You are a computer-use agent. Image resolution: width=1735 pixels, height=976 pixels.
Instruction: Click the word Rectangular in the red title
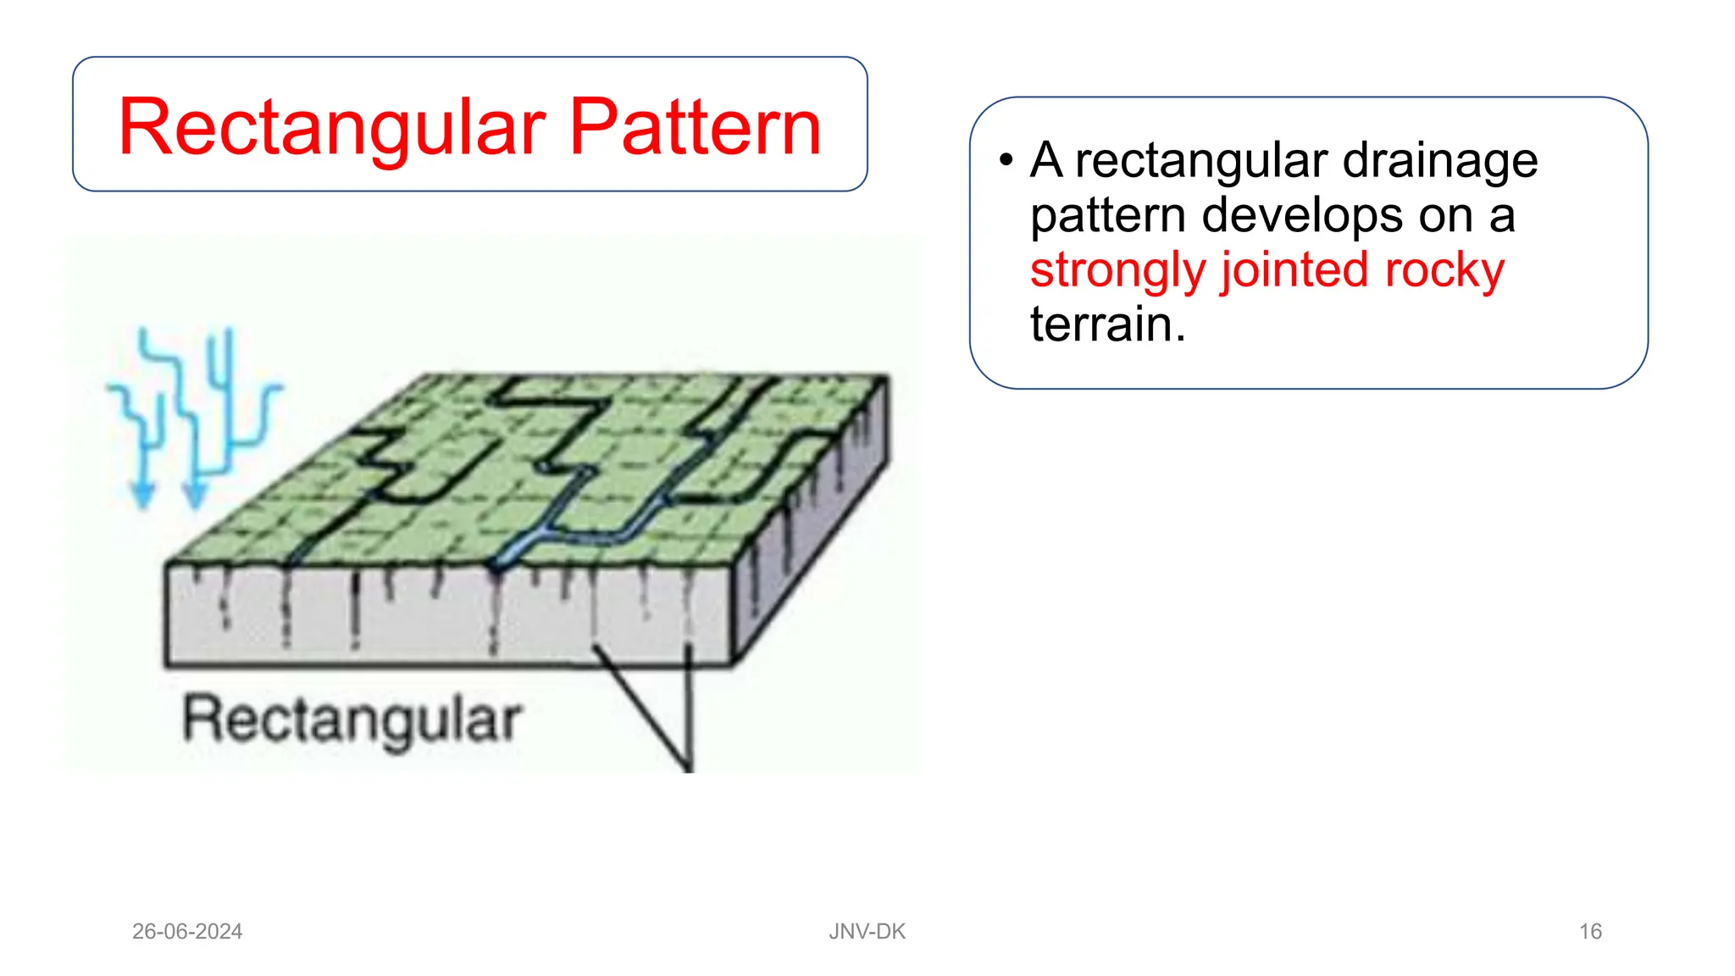tap(332, 129)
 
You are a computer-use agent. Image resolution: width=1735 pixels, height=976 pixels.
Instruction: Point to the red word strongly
tap(1118, 271)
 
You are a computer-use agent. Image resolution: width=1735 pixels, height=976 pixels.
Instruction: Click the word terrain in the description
tap(1101, 324)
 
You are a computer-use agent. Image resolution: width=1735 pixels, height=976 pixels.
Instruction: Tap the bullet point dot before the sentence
tap(1006, 160)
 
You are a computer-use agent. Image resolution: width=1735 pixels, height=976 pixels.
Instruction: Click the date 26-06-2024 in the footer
tap(187, 931)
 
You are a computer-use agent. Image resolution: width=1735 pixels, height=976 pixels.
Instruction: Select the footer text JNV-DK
tap(867, 931)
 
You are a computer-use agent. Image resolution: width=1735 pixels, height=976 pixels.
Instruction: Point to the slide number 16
tap(1590, 931)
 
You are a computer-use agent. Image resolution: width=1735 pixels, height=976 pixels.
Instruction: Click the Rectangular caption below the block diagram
tap(352, 721)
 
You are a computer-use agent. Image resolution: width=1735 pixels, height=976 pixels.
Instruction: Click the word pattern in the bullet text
tap(1106, 215)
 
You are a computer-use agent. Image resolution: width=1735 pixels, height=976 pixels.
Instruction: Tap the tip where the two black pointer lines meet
tap(688, 766)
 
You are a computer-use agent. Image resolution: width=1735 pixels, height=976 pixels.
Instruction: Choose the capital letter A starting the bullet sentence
tap(1046, 160)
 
